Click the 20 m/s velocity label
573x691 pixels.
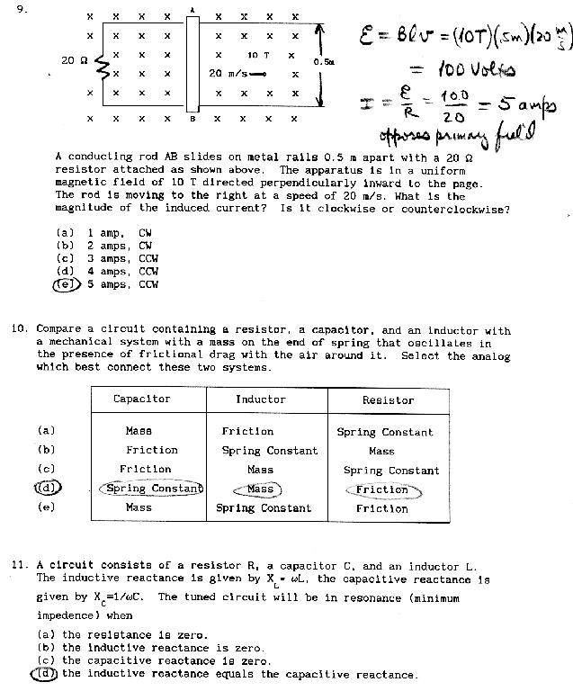(228, 73)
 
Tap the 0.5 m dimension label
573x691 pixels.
(323, 61)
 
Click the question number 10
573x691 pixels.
(22, 330)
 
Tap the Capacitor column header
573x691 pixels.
(141, 399)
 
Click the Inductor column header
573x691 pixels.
(261, 399)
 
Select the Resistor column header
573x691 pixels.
(388, 399)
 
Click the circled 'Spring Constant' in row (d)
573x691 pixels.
(150, 489)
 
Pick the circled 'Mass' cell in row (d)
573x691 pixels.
(260, 489)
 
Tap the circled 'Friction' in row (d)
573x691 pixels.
(382, 489)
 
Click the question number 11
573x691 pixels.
(22, 566)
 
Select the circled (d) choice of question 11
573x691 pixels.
(47, 673)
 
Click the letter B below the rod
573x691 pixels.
(192, 118)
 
